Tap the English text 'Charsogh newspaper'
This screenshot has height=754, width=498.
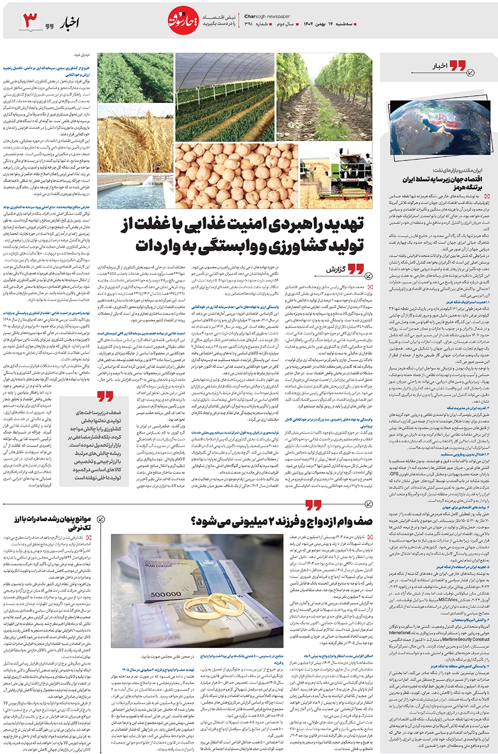tap(266, 17)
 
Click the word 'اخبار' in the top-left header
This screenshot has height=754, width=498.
tap(69, 22)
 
